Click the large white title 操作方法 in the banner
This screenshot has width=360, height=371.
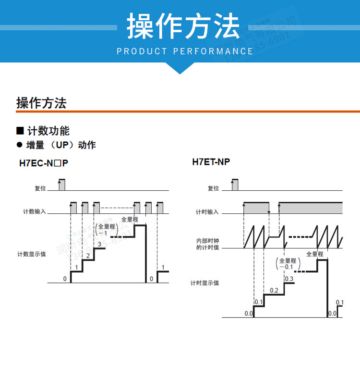[x=183, y=26]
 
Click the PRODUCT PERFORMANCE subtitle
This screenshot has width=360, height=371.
[x=185, y=51]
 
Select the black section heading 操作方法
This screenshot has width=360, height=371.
[x=41, y=103]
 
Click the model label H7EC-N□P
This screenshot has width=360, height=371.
[x=44, y=163]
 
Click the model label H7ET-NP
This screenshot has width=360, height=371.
[x=211, y=162]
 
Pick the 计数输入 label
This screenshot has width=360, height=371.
[x=35, y=211]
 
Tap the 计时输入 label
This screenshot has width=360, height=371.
[x=207, y=211]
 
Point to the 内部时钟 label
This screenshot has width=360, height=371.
[x=207, y=240]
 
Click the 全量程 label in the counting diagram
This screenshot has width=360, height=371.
[x=130, y=219]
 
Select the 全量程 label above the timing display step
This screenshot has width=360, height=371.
[x=315, y=254]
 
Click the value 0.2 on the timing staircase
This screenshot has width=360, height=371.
[x=274, y=290]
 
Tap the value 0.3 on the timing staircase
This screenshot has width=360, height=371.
[x=289, y=279]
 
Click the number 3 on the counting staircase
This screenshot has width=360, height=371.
[x=99, y=244]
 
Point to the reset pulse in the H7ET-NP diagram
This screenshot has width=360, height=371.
[x=234, y=184]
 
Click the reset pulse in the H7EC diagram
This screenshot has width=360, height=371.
[x=61, y=184]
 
